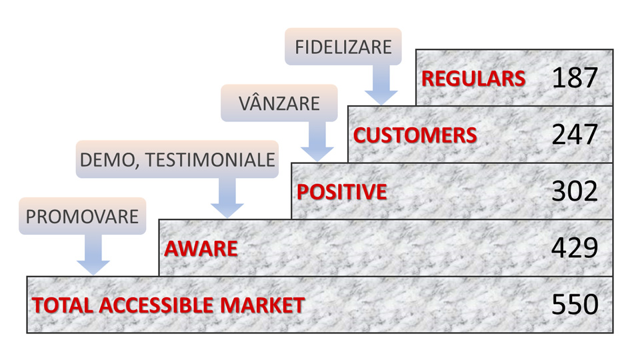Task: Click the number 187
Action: click(x=575, y=78)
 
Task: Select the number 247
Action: click(x=575, y=135)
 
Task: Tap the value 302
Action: click(x=575, y=192)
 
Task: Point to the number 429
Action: click(x=575, y=249)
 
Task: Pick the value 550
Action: click(x=575, y=305)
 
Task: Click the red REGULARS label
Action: click(x=473, y=78)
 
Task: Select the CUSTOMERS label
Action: click(x=415, y=135)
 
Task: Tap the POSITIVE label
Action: click(x=341, y=192)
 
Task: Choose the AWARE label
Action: click(x=201, y=249)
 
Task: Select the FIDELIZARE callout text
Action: click(x=343, y=47)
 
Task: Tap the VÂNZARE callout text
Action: click(x=279, y=103)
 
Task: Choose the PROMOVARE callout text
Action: click(x=82, y=217)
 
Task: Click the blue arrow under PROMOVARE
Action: click(x=93, y=256)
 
